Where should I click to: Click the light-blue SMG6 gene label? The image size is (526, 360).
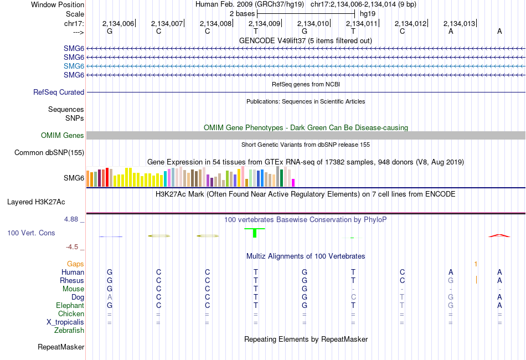click(74, 66)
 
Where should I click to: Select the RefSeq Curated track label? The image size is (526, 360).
click(59, 92)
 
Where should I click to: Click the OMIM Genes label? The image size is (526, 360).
click(63, 136)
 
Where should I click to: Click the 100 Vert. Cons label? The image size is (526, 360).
click(31, 233)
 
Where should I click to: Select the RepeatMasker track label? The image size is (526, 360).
click(61, 347)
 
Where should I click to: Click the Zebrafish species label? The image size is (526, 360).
click(69, 331)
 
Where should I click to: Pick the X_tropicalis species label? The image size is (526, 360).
click(65, 322)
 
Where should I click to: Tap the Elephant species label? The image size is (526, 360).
click(70, 306)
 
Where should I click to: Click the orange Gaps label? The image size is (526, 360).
click(75, 264)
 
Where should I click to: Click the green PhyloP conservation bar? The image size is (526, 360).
click(255, 233)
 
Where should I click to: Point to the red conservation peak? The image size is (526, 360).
click(499, 235)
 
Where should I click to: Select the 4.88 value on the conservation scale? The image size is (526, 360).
click(73, 219)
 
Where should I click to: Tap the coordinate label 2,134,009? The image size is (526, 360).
click(264, 24)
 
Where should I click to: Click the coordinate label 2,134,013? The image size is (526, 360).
click(460, 24)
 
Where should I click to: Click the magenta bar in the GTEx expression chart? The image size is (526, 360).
click(293, 183)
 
